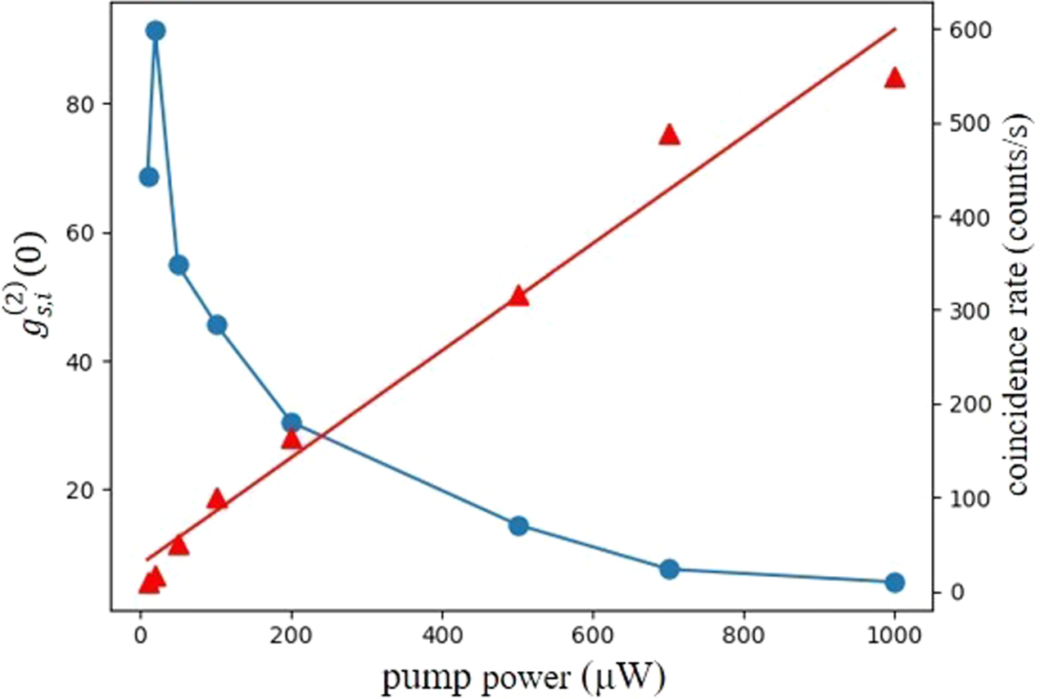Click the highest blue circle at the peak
coord(156,31)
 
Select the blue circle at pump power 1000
coord(894,583)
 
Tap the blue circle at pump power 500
coord(518,526)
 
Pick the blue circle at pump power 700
coord(669,570)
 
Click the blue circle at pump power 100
coord(216,325)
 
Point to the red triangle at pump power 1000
coord(894,79)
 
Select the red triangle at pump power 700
coord(669,135)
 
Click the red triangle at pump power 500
coord(518,297)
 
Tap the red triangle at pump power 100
coord(216,500)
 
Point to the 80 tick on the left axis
coord(87,105)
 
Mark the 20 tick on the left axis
coord(87,490)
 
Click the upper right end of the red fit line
coord(894,29)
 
